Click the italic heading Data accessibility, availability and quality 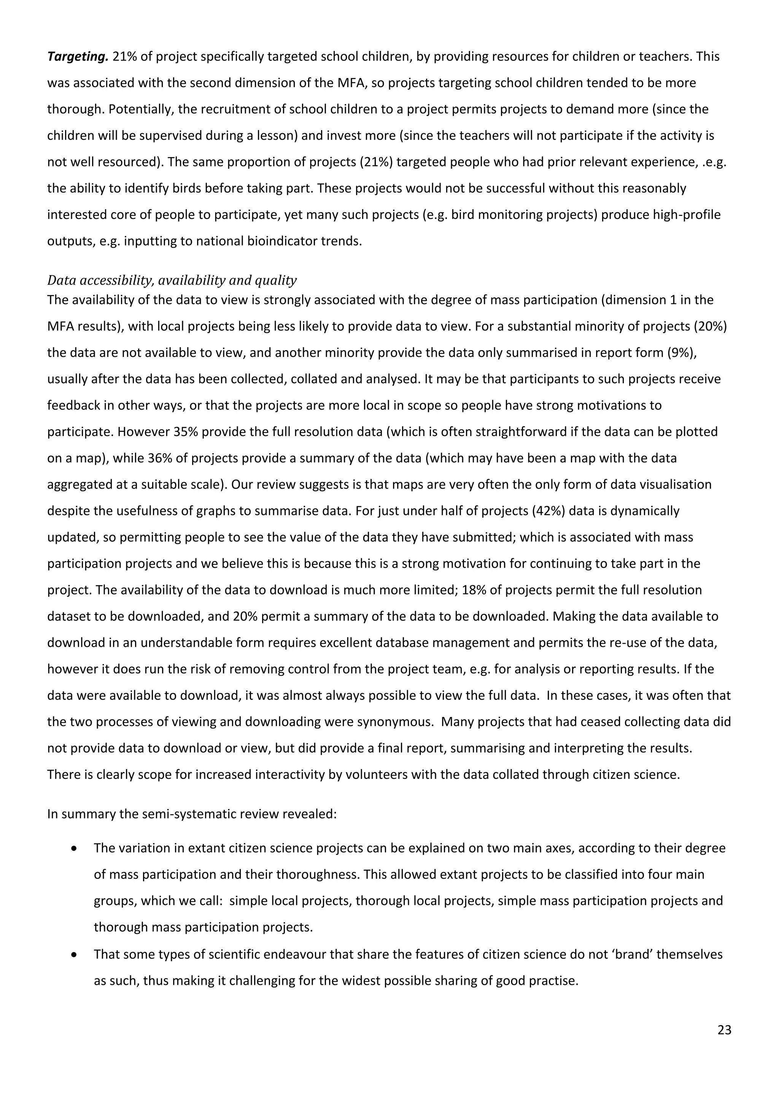pos(172,280)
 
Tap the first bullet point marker pos(74,849)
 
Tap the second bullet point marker pos(74,955)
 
